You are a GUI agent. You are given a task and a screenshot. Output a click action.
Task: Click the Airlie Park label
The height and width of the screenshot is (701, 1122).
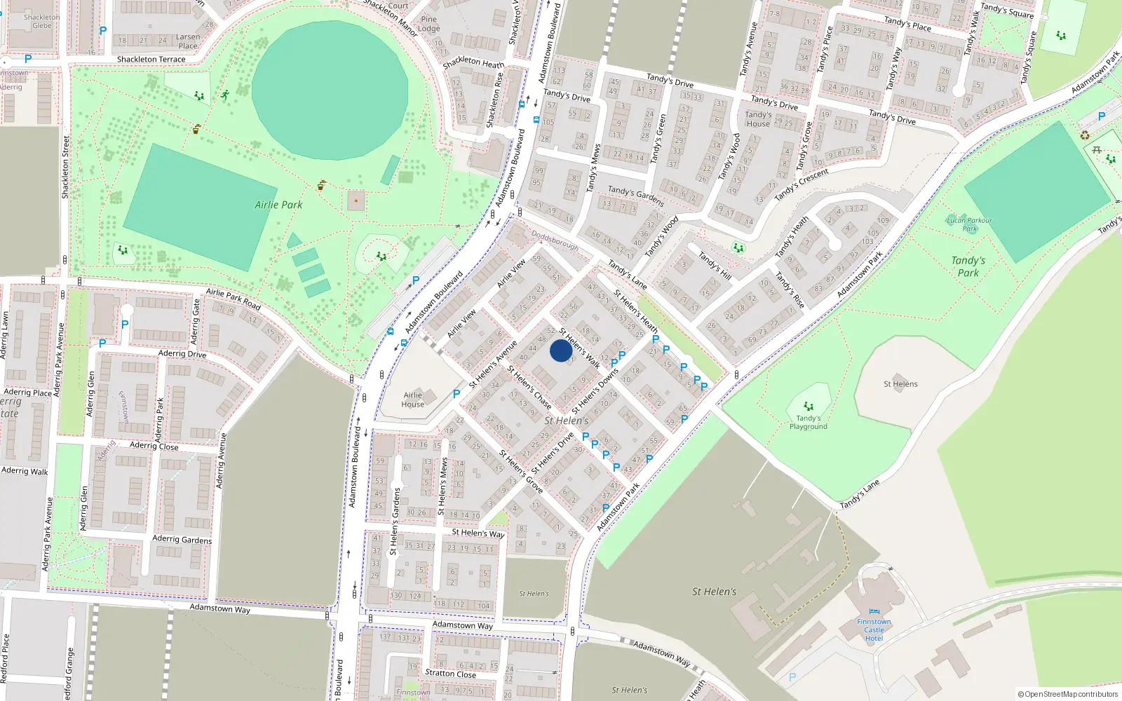278,205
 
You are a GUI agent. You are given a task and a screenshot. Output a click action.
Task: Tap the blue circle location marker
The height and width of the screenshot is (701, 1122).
560,350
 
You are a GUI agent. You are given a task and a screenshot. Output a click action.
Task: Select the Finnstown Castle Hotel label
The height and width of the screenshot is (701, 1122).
874,629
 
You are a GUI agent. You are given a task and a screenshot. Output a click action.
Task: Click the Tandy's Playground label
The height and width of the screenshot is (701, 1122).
809,422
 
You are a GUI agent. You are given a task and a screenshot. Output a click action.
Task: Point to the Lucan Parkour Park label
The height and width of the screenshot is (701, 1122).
970,224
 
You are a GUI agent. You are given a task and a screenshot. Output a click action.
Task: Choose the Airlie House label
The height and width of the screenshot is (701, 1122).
412,400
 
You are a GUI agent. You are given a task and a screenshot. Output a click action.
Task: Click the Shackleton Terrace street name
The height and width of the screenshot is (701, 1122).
151,60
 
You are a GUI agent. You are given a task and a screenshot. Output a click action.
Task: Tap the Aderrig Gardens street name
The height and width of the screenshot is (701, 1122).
182,539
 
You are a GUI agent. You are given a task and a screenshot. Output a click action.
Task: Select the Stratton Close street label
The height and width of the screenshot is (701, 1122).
450,674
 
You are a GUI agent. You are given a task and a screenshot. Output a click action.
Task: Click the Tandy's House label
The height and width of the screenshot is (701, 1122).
758,118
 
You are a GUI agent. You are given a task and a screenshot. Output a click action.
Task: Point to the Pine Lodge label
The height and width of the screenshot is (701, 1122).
428,24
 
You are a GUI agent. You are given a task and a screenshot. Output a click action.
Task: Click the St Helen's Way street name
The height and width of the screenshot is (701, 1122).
478,533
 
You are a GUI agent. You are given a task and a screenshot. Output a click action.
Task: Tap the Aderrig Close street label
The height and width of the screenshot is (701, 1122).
154,446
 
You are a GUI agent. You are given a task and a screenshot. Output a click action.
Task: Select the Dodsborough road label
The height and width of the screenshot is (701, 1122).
555,240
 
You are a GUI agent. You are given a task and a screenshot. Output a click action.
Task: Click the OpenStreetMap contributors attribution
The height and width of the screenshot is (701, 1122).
1067,694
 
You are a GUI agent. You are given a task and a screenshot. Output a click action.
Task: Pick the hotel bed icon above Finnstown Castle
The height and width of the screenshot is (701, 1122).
874,611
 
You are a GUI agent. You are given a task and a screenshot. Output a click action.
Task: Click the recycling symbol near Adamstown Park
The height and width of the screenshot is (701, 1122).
1085,135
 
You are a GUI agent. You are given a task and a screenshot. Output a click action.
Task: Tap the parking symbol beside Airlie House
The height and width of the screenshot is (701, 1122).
457,394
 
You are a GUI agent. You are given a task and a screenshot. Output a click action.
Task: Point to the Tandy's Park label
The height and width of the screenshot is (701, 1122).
968,266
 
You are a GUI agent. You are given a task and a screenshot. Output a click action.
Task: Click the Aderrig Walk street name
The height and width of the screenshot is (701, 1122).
25,471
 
